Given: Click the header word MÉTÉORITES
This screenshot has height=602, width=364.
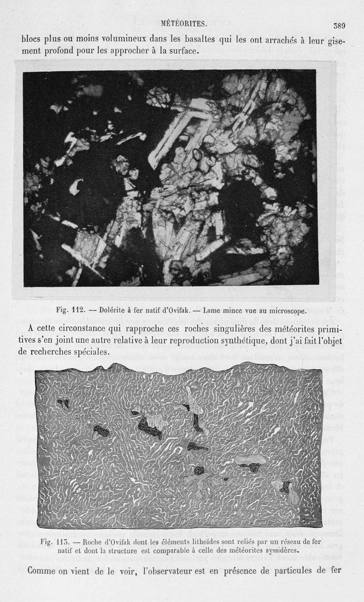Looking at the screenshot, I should pos(184,23).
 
